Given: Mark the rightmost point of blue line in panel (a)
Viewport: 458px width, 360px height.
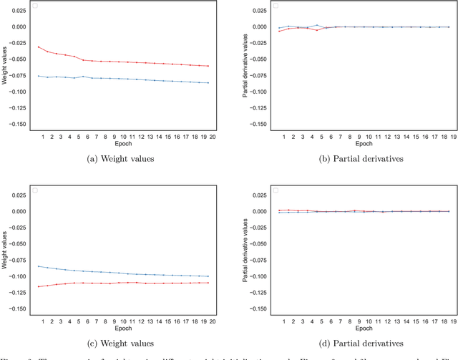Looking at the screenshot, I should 208,83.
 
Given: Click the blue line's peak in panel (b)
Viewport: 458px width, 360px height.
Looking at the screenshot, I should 318,25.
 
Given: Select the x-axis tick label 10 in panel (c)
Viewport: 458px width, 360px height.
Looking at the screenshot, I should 123,321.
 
